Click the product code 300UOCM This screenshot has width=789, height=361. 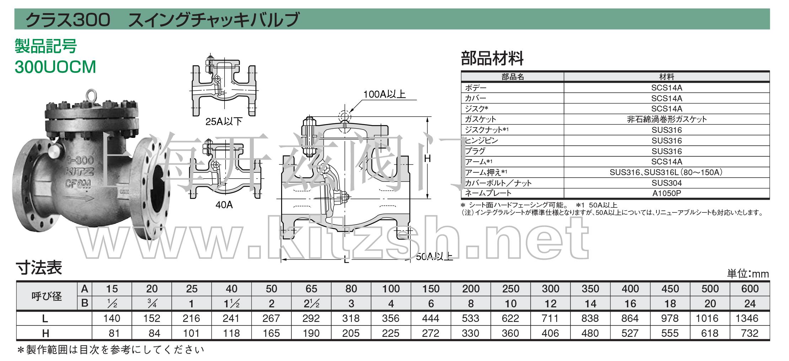(x=55, y=67)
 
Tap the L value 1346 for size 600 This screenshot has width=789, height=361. (x=747, y=318)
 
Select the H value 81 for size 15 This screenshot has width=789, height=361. (x=114, y=333)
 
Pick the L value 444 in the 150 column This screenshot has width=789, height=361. (x=430, y=318)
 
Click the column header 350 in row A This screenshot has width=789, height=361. (x=590, y=289)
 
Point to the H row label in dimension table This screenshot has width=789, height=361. (x=45, y=333)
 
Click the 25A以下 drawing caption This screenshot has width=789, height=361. (x=224, y=122)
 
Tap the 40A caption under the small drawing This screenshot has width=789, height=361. (x=224, y=205)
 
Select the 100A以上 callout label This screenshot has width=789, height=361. (x=384, y=94)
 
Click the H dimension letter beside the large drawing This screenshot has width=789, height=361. (x=428, y=158)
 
